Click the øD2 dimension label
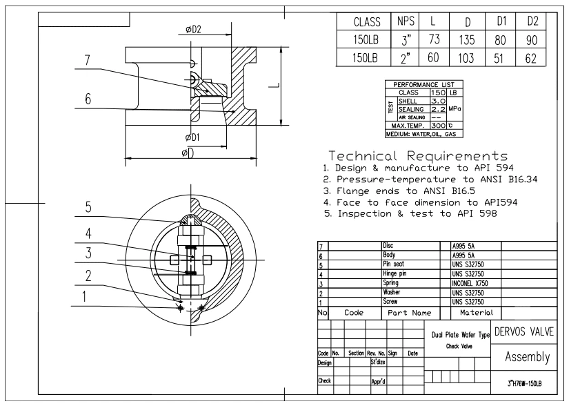point(193,29)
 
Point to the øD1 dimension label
point(192,137)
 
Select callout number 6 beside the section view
point(88,100)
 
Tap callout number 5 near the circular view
point(88,206)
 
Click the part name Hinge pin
point(396,274)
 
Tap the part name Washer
point(391,293)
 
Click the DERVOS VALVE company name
point(524,331)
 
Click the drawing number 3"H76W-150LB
point(523,383)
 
